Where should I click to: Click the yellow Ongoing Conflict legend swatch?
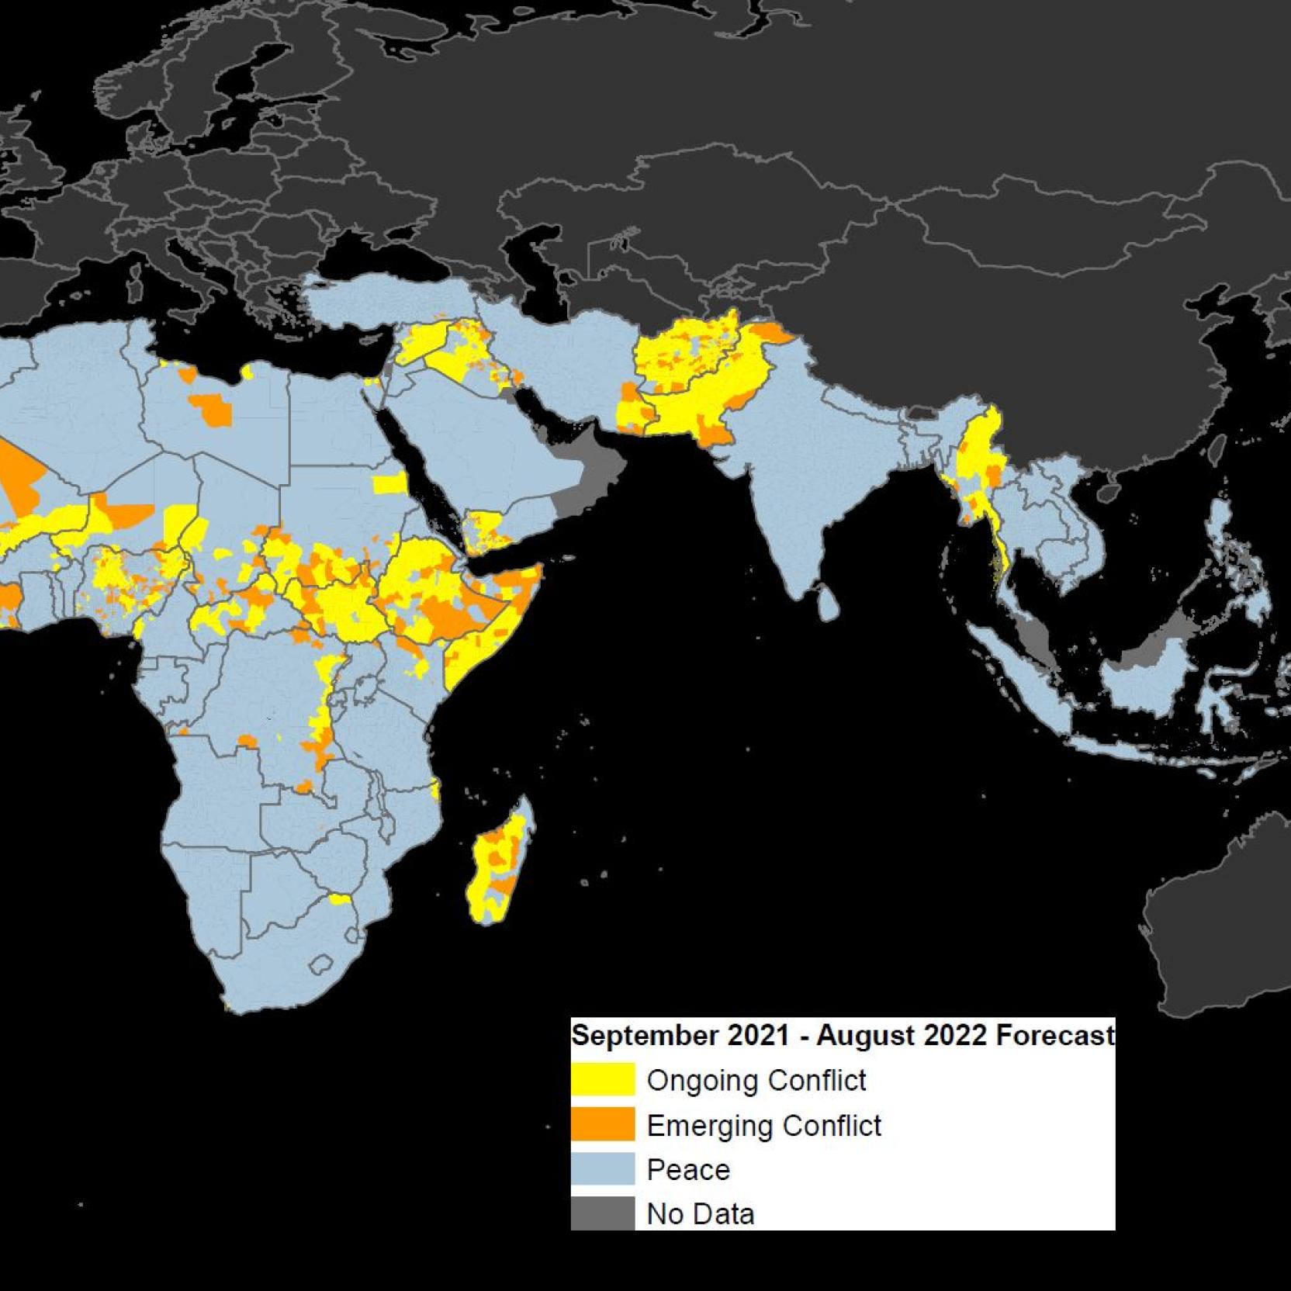[603, 1080]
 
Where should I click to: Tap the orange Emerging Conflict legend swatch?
[603, 1125]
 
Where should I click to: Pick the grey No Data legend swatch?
[603, 1213]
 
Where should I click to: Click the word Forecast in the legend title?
[1055, 1035]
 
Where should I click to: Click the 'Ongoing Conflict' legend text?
[756, 1080]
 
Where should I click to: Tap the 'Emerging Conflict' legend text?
[764, 1125]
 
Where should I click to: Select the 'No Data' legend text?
[701, 1214]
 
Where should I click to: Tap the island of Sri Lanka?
[827, 602]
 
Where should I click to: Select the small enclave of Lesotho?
[320, 966]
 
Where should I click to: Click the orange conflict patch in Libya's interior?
[212, 408]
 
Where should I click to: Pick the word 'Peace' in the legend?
[688, 1170]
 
